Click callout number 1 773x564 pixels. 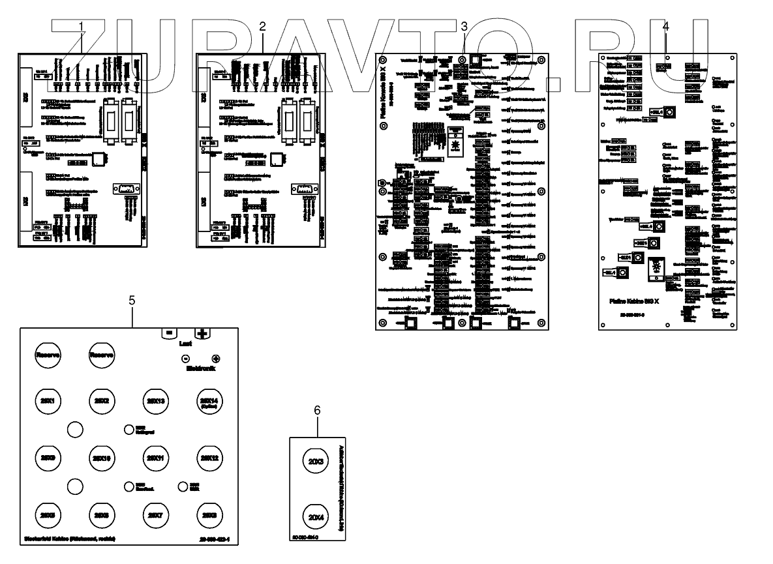[82, 27]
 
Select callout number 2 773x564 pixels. [262, 27]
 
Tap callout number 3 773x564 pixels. [464, 27]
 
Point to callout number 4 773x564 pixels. [665, 27]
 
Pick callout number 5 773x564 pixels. [132, 301]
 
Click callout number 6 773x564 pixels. [317, 410]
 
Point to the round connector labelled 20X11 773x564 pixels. [155, 458]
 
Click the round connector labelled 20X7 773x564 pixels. [155, 515]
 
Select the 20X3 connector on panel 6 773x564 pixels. [317, 462]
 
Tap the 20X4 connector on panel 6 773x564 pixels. [317, 517]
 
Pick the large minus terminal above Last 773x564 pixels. [169, 333]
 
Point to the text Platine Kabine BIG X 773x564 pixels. [636, 303]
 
